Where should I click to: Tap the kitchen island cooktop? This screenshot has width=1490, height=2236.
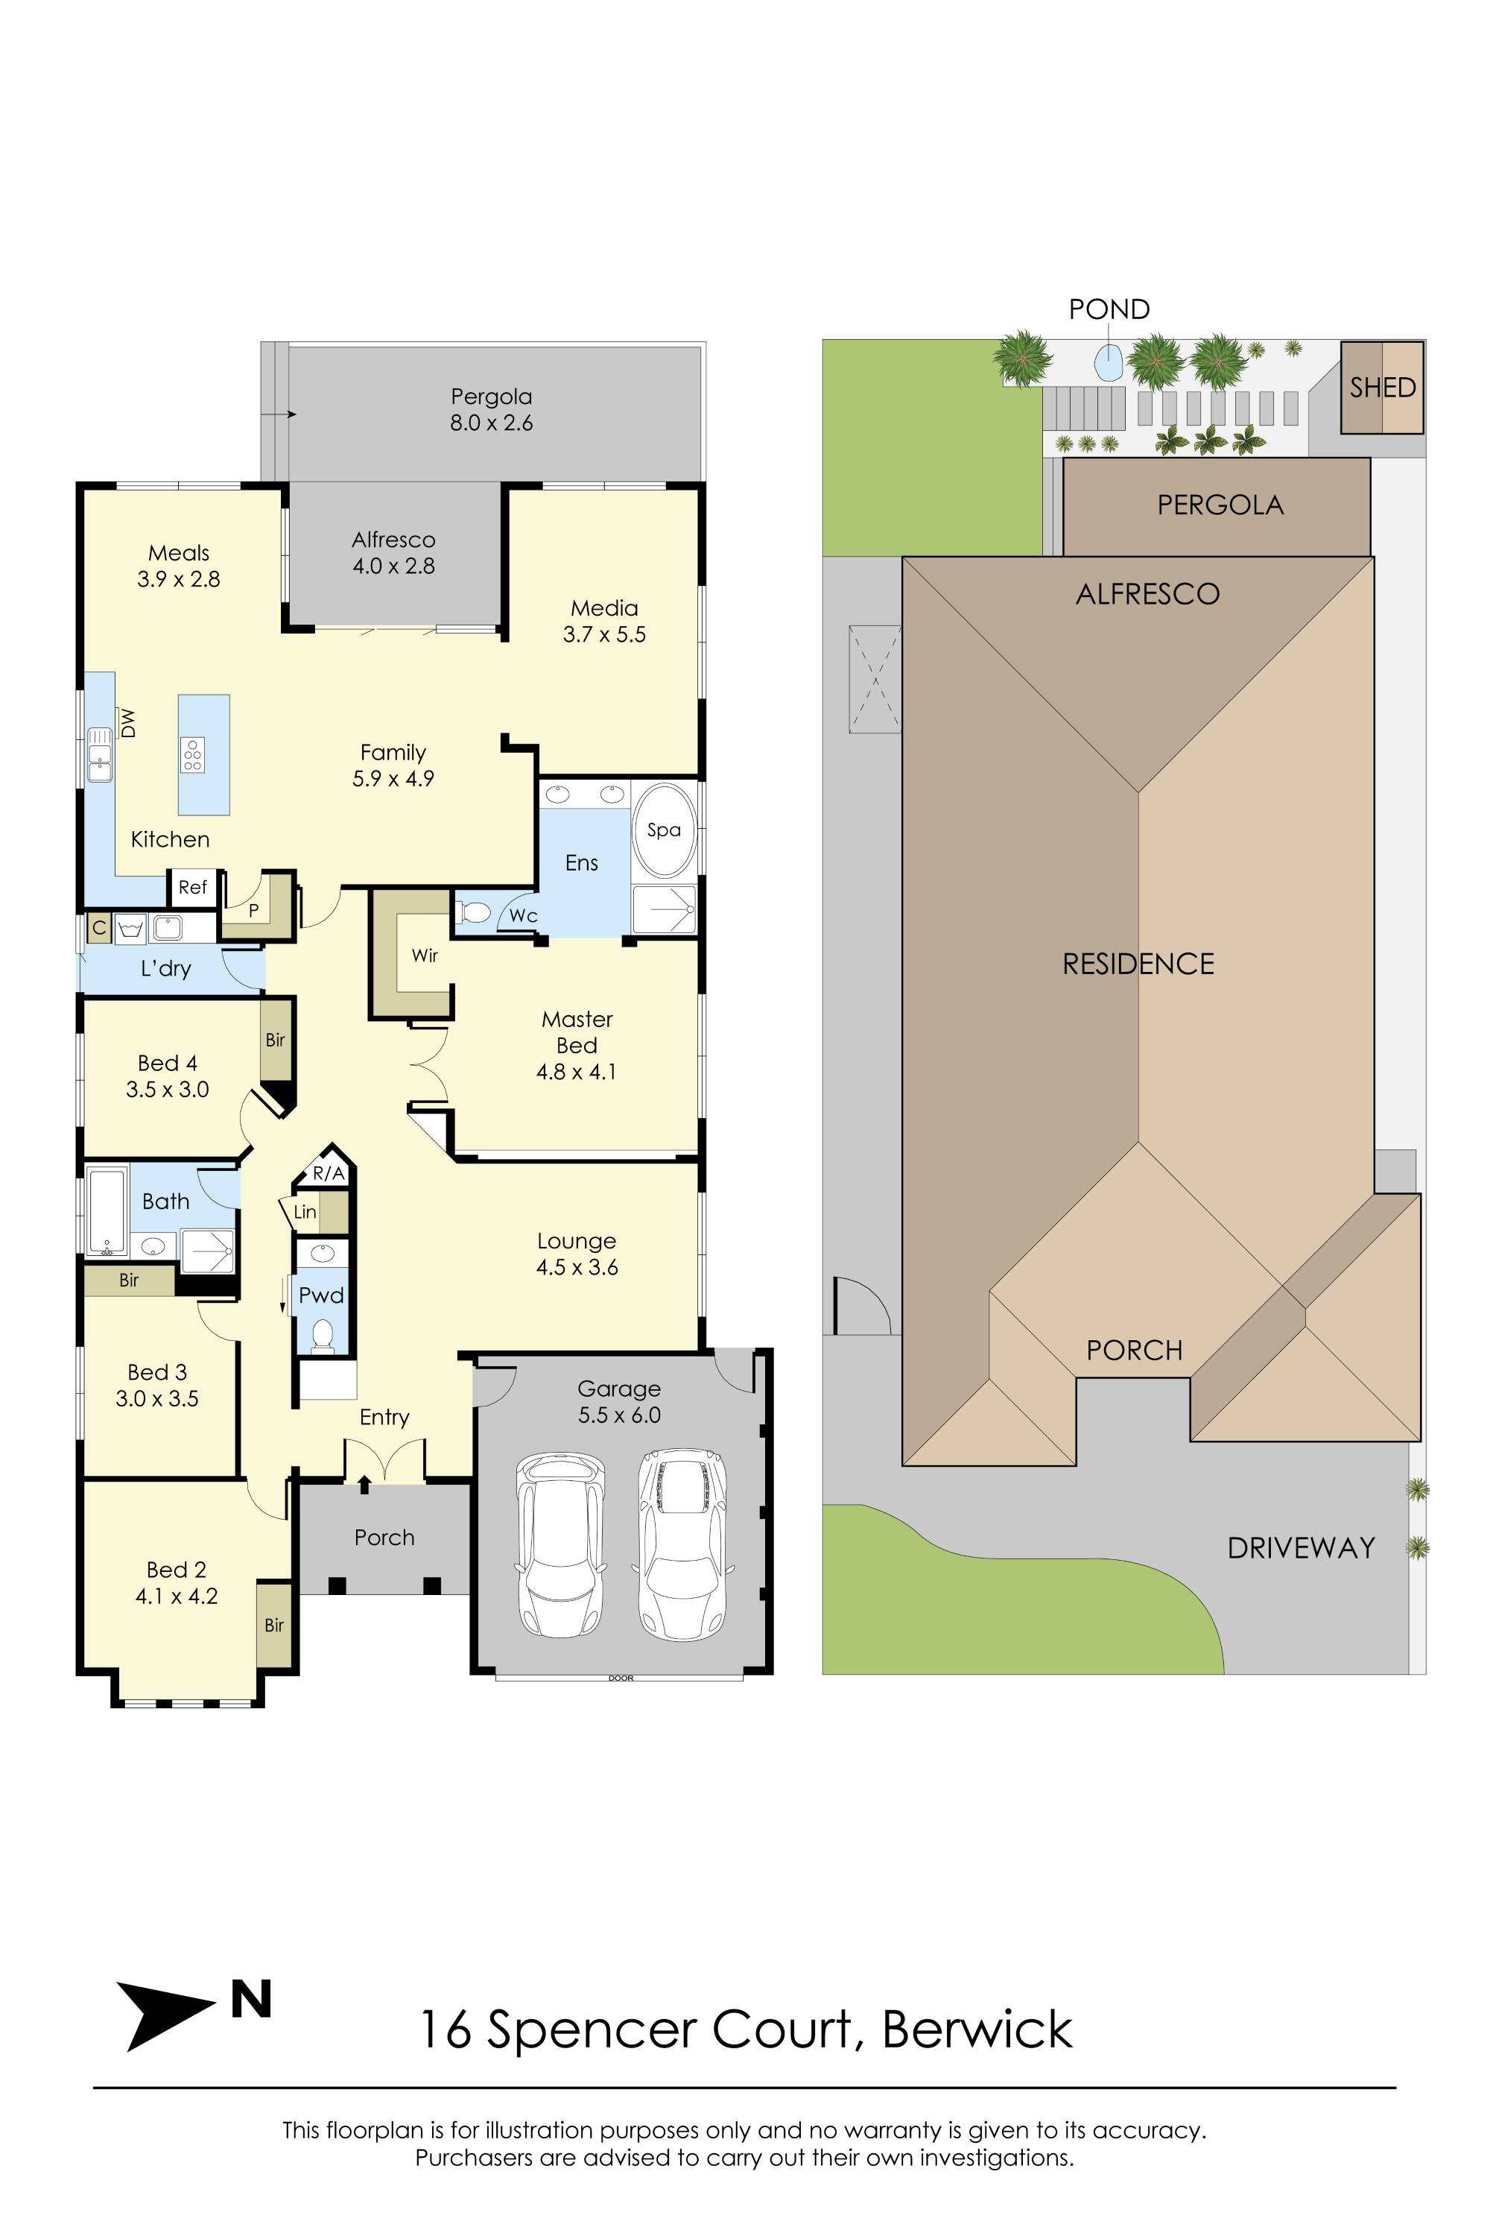pyautogui.click(x=193, y=754)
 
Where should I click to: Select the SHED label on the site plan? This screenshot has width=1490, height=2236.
pyautogui.click(x=1383, y=388)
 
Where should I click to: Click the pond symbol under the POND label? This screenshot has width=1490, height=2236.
pyautogui.click(x=1108, y=362)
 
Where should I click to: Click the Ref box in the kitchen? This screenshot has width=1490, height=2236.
pyautogui.click(x=192, y=887)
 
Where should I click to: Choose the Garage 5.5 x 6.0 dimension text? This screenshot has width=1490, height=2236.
pyautogui.click(x=618, y=1415)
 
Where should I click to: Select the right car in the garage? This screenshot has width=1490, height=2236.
pyautogui.click(x=682, y=1542)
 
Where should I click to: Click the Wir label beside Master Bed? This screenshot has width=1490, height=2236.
pyautogui.click(x=425, y=956)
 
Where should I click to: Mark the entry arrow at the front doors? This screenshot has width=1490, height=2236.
pyautogui.click(x=365, y=1483)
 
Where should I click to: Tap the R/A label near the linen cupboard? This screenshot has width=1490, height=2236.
pyautogui.click(x=328, y=1174)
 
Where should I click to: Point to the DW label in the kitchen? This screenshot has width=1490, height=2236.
pyautogui.click(x=129, y=724)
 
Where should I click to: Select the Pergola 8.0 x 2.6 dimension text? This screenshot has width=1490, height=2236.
pyautogui.click(x=491, y=423)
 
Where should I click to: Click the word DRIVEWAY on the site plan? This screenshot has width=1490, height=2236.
pyautogui.click(x=1301, y=1549)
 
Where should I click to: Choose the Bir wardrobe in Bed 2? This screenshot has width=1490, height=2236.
pyautogui.click(x=273, y=1625)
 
